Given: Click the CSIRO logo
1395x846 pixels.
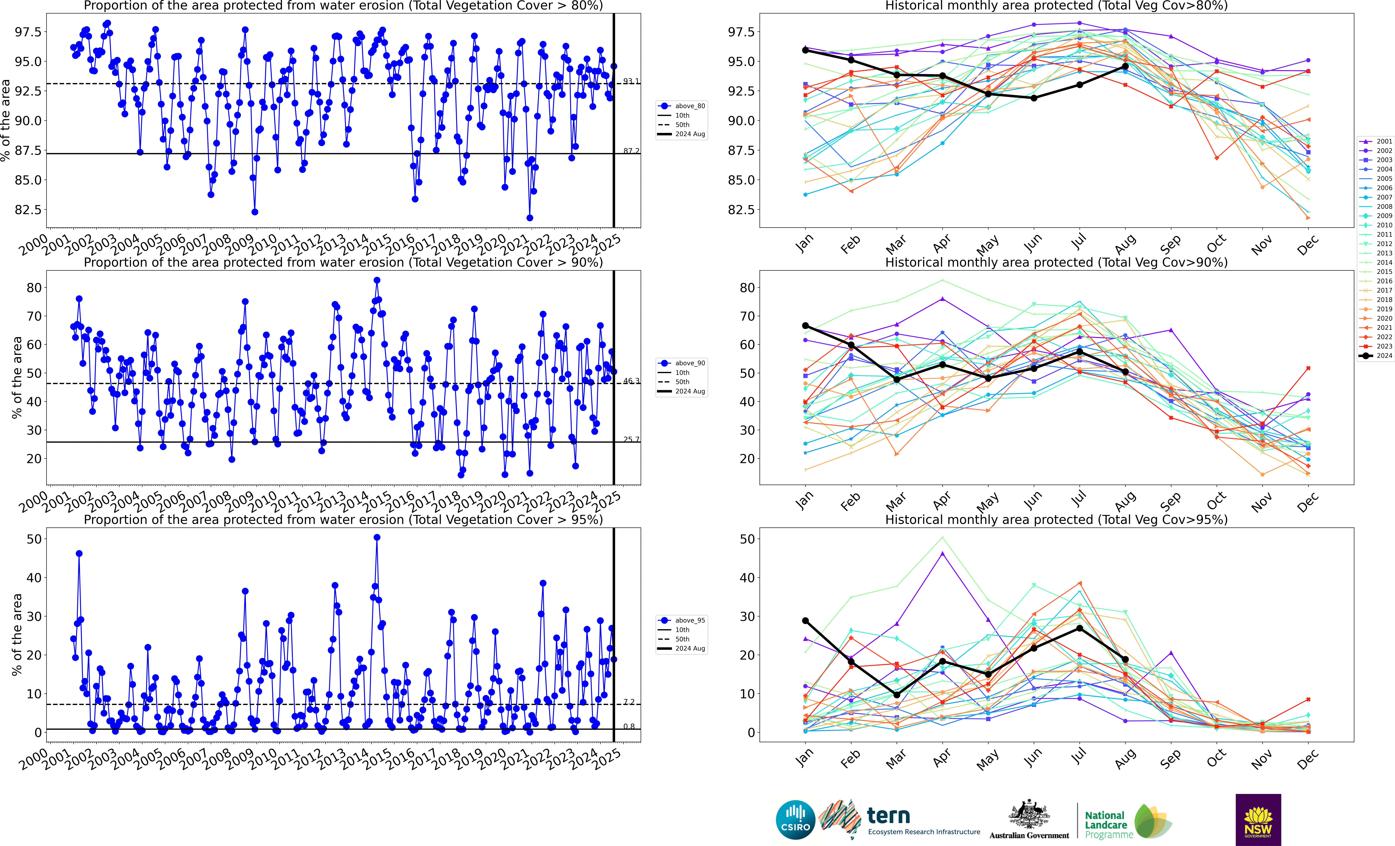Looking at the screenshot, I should pyautogui.click(x=795, y=819).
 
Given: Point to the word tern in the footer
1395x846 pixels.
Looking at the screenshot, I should pyautogui.click(x=888, y=815).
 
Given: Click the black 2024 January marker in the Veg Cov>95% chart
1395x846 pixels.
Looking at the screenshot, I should pyautogui.click(x=805, y=621).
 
